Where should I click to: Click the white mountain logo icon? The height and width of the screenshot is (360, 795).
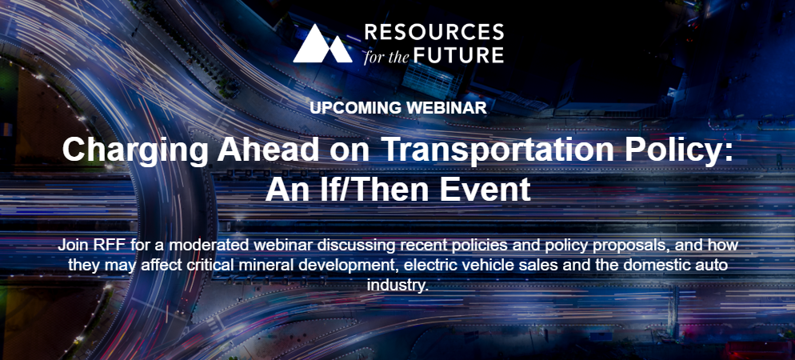(x=322, y=43)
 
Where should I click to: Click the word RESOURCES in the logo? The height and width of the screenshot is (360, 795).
(x=434, y=33)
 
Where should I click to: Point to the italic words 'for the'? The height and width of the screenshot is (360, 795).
(x=386, y=55)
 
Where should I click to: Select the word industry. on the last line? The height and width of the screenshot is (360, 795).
(x=397, y=285)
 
